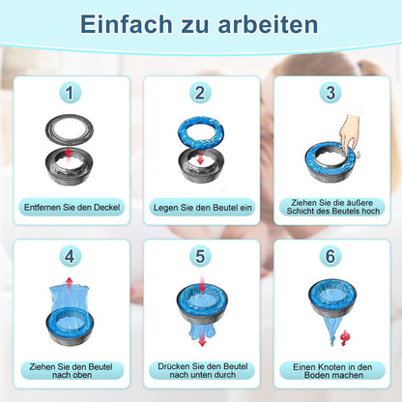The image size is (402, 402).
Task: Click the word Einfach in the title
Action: [127, 24]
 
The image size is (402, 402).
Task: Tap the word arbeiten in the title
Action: [268, 24]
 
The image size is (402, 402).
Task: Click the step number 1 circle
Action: [70, 93]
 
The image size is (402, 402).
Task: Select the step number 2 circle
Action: [200, 93]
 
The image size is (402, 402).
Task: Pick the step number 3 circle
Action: [330, 93]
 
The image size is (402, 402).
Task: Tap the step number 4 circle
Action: [70, 256]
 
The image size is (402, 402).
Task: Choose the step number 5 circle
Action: [200, 256]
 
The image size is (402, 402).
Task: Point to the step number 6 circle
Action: [330, 256]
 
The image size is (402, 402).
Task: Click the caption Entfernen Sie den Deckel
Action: [72, 207]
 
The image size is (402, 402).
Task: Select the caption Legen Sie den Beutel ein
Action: [203, 208]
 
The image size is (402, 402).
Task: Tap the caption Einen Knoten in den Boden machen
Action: [332, 371]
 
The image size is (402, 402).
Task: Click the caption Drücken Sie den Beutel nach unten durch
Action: [203, 370]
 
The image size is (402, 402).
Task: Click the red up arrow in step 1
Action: [68, 154]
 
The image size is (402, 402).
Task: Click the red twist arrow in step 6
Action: [345, 338]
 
